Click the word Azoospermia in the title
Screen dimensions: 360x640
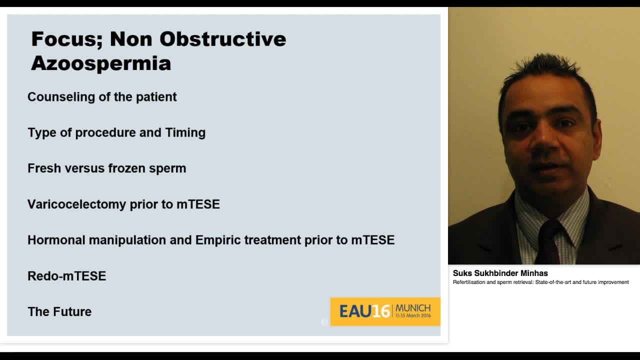100,63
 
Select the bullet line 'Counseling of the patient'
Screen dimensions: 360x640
102,97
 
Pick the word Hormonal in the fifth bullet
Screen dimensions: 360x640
56,240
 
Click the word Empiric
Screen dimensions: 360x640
217,240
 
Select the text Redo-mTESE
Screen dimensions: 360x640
66,276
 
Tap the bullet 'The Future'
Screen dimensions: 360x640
59,311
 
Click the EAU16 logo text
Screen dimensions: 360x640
364,311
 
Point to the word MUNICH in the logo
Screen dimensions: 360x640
412,308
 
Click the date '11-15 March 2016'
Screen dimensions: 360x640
412,316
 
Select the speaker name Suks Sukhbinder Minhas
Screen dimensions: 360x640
500,273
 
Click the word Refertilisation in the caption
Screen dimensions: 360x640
468,282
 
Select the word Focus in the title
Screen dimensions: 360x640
66,39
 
